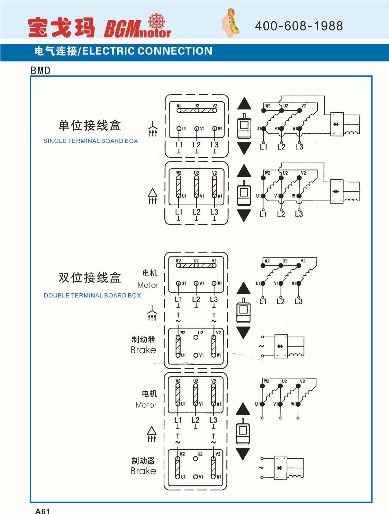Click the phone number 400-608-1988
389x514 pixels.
point(299,26)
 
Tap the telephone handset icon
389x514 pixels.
point(230,23)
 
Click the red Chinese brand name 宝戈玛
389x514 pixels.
point(61,27)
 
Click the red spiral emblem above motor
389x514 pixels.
point(156,21)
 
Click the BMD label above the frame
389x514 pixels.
point(41,71)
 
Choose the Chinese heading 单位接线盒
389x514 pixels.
point(90,126)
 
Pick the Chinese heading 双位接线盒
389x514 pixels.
point(90,278)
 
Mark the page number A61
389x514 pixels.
point(43,511)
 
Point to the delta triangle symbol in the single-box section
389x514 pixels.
point(152,193)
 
